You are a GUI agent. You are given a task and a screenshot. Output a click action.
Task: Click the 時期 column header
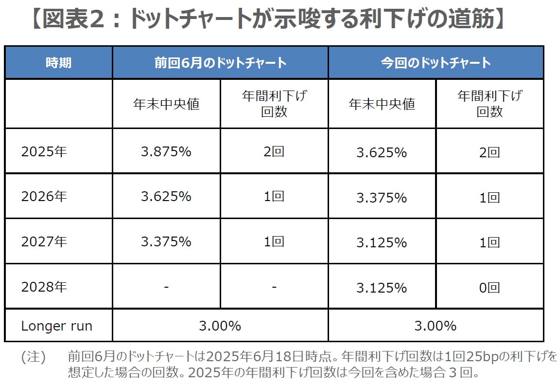pos(58,63)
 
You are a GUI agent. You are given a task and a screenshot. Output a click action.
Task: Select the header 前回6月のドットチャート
pos(220,63)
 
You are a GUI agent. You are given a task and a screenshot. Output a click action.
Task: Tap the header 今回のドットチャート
pos(435,63)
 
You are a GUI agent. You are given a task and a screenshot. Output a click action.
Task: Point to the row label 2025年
pos(44,151)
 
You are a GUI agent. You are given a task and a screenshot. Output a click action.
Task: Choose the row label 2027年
pos(44,241)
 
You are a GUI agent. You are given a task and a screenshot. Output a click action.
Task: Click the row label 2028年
pos(44,287)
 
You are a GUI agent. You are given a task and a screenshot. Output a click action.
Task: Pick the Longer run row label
pos(56,326)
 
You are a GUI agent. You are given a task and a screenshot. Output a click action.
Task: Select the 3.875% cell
pos(166,151)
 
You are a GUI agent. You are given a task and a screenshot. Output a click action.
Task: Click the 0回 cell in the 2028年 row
pos(489,288)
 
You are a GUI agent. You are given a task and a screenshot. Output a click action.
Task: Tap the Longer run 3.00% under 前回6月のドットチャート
pos(220,326)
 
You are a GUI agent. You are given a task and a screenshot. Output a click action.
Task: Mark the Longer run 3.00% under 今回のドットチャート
pos(435,326)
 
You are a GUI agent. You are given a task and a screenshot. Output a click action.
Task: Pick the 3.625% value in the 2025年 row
pos(382,152)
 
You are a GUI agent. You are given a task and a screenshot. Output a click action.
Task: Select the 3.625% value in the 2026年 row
pos(166,197)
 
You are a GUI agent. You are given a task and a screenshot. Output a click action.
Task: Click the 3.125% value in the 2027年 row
pos(382,242)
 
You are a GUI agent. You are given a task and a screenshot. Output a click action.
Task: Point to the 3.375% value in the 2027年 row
pos(166,241)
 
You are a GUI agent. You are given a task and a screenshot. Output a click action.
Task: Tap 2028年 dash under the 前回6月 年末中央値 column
pos(166,287)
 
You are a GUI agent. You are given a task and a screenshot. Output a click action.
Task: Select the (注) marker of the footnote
pos(33,357)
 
